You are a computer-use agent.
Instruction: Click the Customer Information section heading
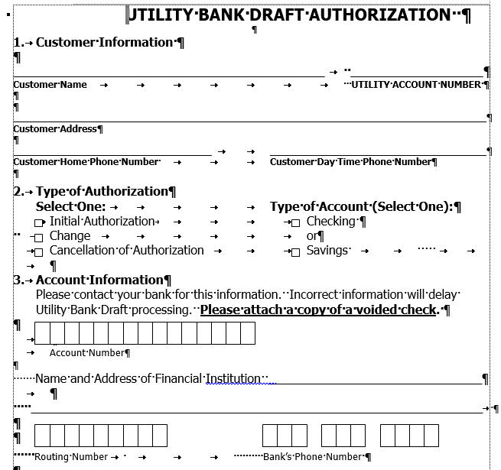coord(104,42)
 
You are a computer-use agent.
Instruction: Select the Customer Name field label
coord(50,85)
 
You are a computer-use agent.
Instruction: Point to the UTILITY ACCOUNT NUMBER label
coord(416,85)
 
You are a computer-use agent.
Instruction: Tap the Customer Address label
coord(55,129)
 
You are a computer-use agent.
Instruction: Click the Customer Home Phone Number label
coord(86,162)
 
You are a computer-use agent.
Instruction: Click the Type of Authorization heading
coord(101,191)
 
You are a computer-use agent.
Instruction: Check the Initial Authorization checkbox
coord(40,222)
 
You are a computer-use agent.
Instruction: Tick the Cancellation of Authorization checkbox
coord(39,251)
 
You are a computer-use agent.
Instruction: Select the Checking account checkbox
coord(295,222)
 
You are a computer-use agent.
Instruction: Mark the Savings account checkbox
coord(295,251)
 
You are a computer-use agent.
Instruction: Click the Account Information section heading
coord(99,280)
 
